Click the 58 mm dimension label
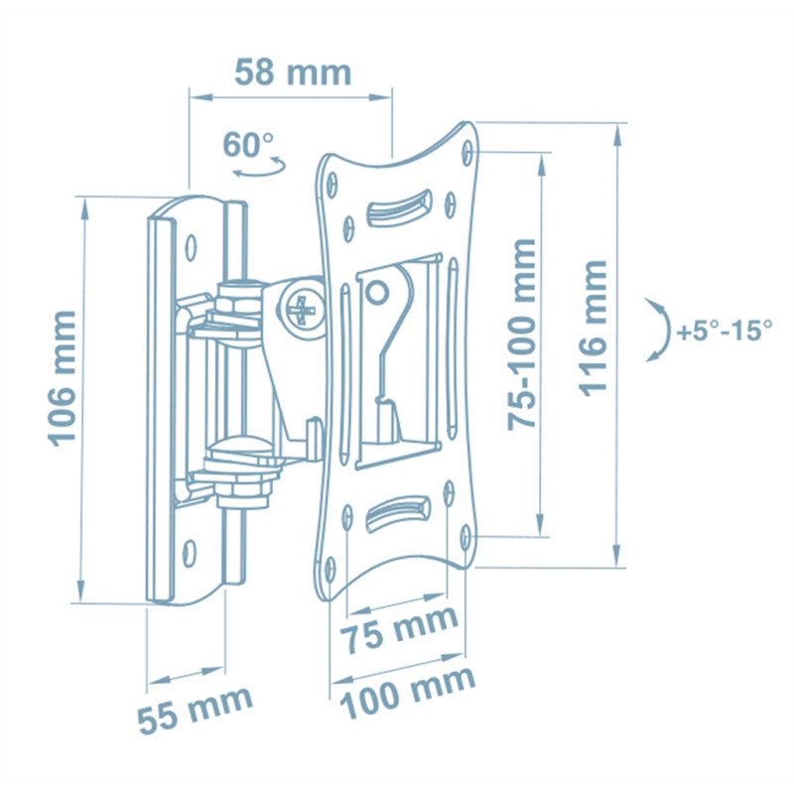pyautogui.click(x=293, y=72)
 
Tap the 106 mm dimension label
pyautogui.click(x=63, y=379)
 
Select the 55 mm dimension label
pyautogui.click(x=195, y=710)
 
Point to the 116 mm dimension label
pyautogui.click(x=593, y=329)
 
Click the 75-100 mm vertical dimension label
pyautogui.click(x=522, y=334)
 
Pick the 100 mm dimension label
pyautogui.click(x=408, y=693)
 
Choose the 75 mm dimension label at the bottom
pyautogui.click(x=399, y=631)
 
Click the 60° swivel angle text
pyautogui.click(x=248, y=144)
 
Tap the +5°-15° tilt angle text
pyautogui.click(x=725, y=331)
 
